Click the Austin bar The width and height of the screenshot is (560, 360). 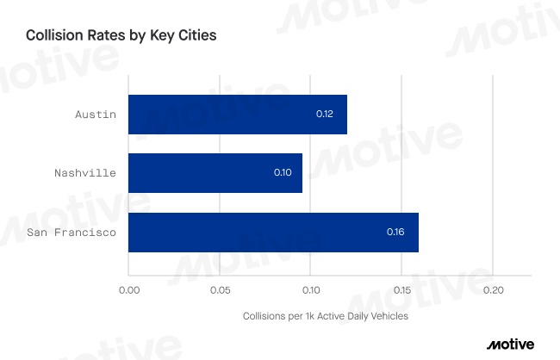coord(237,115)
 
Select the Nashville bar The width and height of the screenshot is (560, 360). coord(215,173)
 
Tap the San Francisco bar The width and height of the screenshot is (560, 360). coord(273,233)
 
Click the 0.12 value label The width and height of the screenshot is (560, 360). coord(325,115)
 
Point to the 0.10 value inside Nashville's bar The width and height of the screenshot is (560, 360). coord(283,173)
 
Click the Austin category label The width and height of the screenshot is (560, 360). coord(95,115)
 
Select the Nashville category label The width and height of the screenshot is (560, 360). coord(84,173)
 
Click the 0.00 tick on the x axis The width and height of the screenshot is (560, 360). coord(128,290)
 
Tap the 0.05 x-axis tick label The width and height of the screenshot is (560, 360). coord(220,290)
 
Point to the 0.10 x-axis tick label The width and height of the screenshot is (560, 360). coord(310,290)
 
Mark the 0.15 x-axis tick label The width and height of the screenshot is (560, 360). coord(401,290)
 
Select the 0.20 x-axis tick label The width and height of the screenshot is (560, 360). coord(493,290)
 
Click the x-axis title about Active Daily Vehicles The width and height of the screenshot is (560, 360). coord(326,316)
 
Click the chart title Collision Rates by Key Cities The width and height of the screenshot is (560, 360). coord(121,36)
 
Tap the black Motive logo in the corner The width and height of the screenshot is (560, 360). coord(510,344)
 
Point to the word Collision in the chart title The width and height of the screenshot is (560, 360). coord(53,36)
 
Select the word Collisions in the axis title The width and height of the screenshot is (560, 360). coord(263,316)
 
